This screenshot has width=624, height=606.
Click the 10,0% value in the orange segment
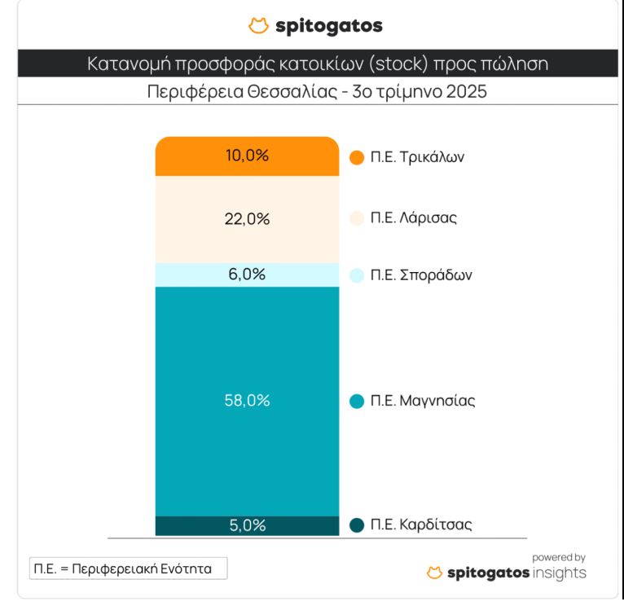[x=246, y=156]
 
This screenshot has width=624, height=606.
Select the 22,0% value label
[x=246, y=219]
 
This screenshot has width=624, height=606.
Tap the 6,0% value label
[x=246, y=274]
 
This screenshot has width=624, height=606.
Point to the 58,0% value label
[x=246, y=401]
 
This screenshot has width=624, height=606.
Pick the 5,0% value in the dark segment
[x=246, y=525]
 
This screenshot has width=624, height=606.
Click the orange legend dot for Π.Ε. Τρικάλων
[x=356, y=158]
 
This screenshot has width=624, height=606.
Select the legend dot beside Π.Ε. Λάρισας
[x=356, y=219]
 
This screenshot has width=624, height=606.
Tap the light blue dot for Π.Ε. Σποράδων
[x=356, y=275]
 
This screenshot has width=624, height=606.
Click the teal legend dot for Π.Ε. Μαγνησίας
[x=356, y=401]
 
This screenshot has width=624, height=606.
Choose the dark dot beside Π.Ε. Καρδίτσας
[x=356, y=525]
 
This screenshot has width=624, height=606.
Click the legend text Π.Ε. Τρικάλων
[x=417, y=158]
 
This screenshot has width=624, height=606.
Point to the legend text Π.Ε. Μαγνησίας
[x=423, y=401]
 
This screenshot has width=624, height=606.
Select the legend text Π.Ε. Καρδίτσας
[x=421, y=525]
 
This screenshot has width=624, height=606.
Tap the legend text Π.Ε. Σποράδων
[x=421, y=275]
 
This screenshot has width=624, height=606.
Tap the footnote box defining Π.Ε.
[x=128, y=569]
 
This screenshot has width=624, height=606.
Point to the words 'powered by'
[x=559, y=558]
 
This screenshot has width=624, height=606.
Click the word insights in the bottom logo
[x=559, y=574]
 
